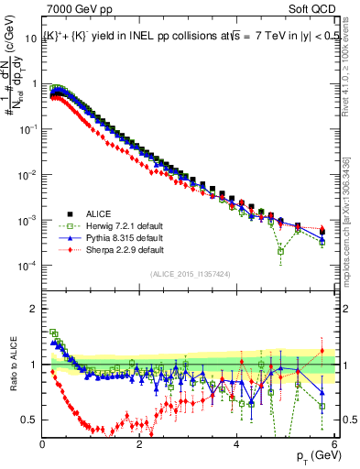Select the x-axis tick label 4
click(x=236, y=444)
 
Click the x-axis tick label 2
click(x=139, y=444)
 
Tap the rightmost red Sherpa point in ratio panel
click(x=322, y=351)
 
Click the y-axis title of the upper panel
click(x=16, y=96)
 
